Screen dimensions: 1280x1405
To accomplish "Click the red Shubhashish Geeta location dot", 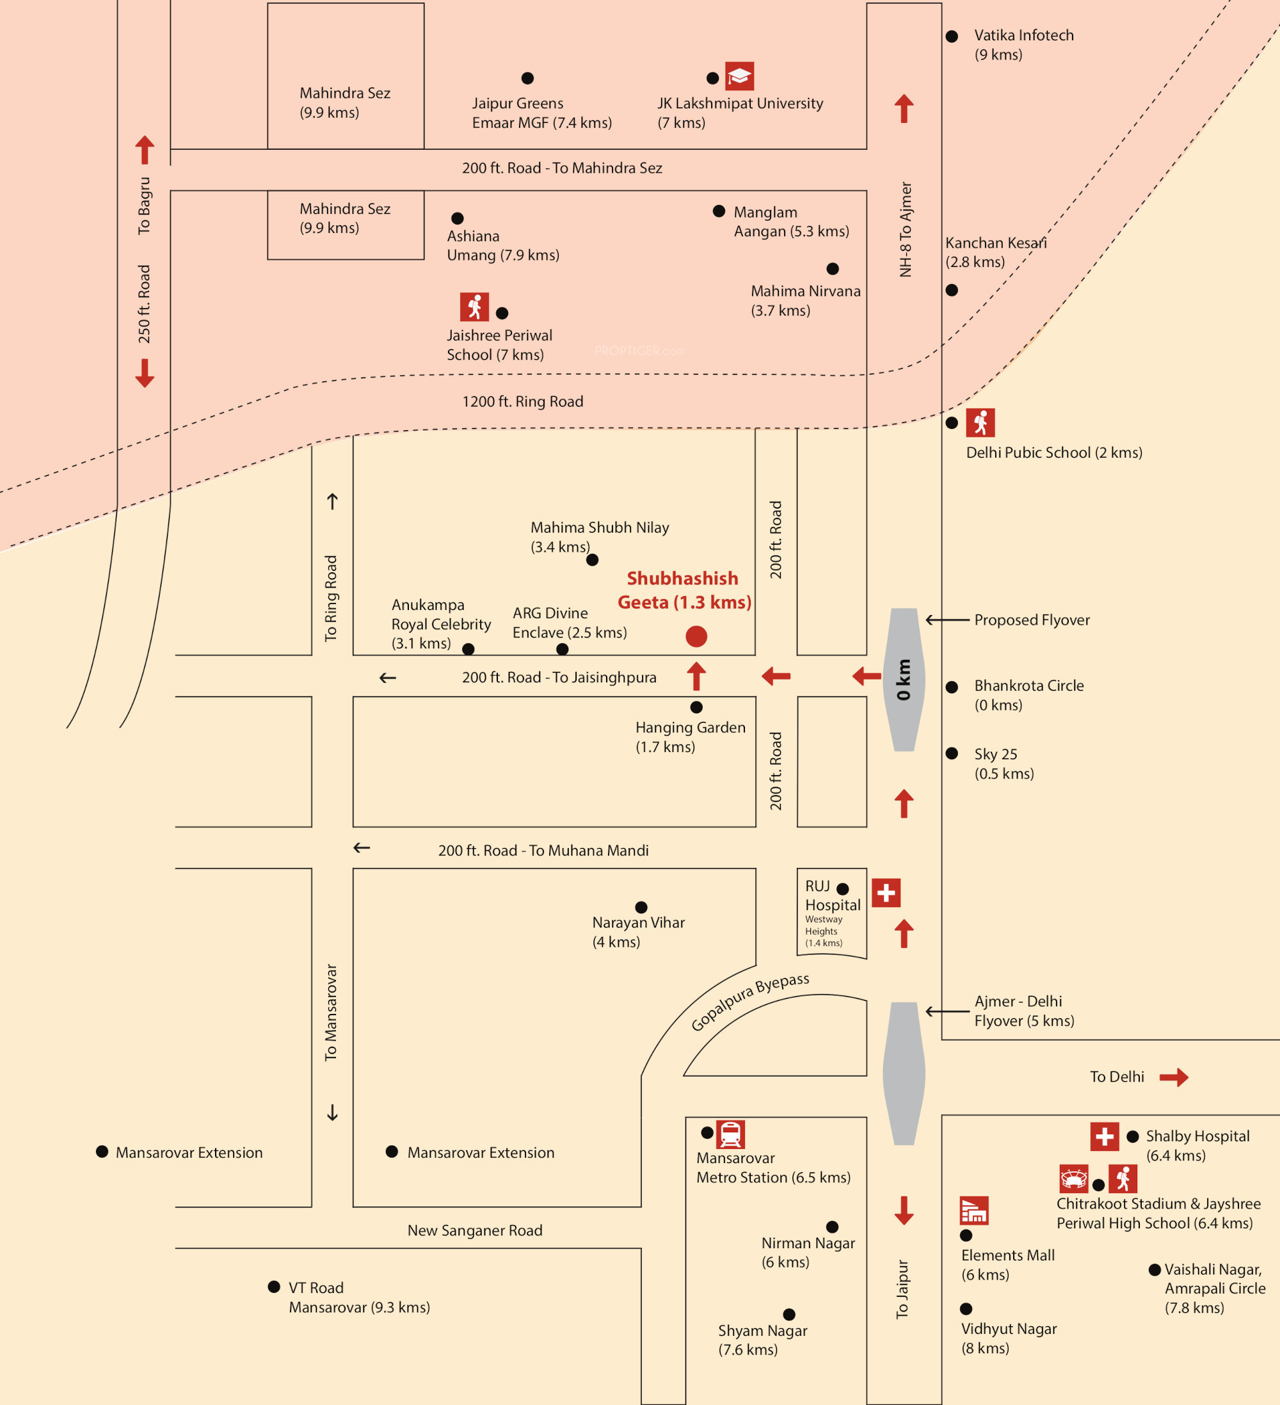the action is click(696, 636).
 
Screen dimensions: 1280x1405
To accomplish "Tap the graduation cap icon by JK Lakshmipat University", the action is click(739, 76).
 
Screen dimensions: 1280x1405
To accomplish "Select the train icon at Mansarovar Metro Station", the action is click(730, 1134).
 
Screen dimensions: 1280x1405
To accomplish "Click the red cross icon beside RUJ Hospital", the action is click(886, 893).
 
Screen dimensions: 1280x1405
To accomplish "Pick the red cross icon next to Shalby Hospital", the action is click(1105, 1137).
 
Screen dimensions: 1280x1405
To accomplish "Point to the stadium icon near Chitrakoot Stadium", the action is click(1074, 1178).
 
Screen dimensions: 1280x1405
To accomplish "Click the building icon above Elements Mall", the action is click(974, 1210).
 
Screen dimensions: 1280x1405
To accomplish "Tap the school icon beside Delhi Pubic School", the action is click(980, 422).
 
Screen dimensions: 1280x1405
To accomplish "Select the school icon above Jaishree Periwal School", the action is click(474, 307).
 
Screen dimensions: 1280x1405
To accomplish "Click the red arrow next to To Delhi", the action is click(1174, 1077).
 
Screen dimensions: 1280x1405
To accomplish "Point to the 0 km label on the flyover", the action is click(904, 680).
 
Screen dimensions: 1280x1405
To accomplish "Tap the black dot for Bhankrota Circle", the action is click(952, 687).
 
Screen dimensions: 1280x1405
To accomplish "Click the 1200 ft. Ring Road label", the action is click(523, 401).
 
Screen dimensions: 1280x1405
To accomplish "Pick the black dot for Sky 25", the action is click(952, 753).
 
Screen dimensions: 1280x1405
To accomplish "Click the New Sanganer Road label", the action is click(474, 1230).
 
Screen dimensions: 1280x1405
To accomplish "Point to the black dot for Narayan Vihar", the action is click(641, 907).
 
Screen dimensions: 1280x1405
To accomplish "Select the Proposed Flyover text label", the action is click(1032, 620).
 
